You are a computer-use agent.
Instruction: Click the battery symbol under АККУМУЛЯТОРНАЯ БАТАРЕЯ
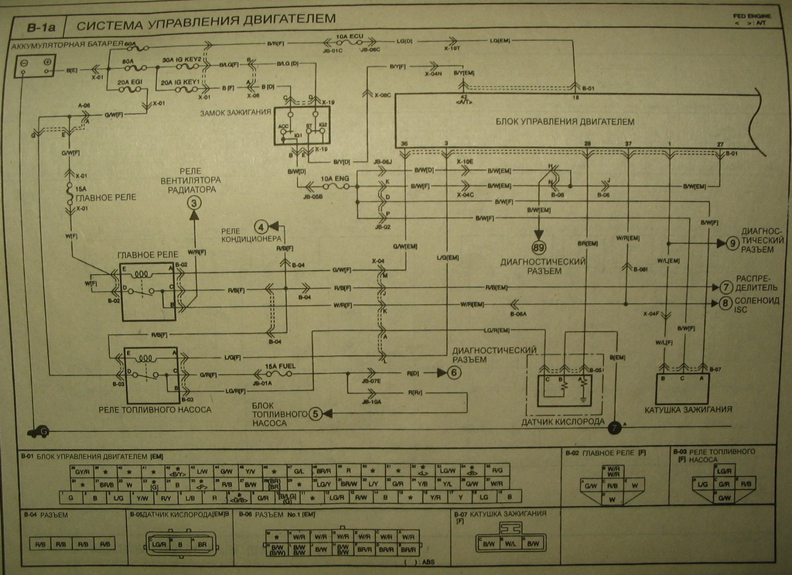pos(35,64)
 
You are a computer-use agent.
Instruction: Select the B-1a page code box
pos(41,27)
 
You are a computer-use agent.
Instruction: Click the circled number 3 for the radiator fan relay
pos(194,203)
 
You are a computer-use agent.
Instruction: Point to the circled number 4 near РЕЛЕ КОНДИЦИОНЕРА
pos(261,227)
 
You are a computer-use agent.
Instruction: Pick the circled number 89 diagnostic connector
pos(538,248)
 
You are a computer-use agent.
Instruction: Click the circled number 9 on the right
pos(732,243)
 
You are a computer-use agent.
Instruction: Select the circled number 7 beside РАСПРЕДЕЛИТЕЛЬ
pos(725,287)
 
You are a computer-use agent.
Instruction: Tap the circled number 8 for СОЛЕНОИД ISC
pos(725,303)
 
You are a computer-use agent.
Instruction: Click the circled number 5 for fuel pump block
pos(316,414)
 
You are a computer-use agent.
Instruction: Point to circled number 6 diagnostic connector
pos(454,372)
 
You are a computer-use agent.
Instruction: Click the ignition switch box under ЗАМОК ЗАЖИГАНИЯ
pos(302,126)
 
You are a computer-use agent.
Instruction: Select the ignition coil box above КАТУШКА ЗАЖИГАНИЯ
pos(682,388)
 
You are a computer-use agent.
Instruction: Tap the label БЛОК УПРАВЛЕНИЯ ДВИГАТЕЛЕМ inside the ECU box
pos(565,122)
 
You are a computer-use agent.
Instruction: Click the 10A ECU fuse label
pos(349,36)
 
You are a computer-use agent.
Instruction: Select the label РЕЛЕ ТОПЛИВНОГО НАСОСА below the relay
pos(155,409)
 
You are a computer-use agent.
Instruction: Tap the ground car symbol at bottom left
pos(36,431)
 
